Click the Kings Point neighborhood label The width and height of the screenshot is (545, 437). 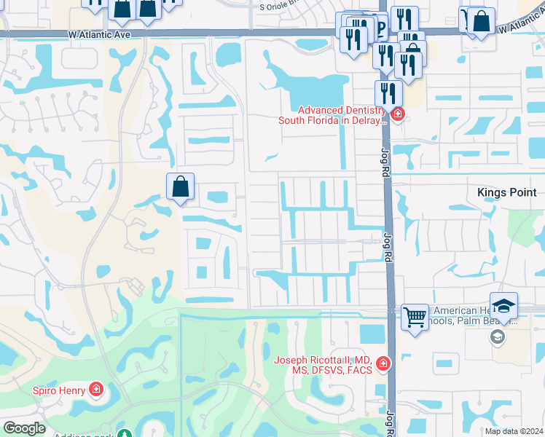click(x=506, y=192)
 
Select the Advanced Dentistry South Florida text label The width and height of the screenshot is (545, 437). click(x=332, y=115)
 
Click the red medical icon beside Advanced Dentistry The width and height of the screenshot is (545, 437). click(x=397, y=114)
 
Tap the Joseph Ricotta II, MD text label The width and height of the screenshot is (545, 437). click(x=323, y=365)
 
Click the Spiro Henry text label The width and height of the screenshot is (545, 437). click(x=58, y=390)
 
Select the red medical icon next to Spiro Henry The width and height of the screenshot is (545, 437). click(x=95, y=390)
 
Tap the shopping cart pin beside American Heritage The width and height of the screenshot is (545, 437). click(x=415, y=317)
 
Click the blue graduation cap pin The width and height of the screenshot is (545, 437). click(x=503, y=306)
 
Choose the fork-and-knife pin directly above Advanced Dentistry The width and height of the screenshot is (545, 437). click(x=388, y=93)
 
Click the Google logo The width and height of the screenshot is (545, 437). click(x=24, y=428)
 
